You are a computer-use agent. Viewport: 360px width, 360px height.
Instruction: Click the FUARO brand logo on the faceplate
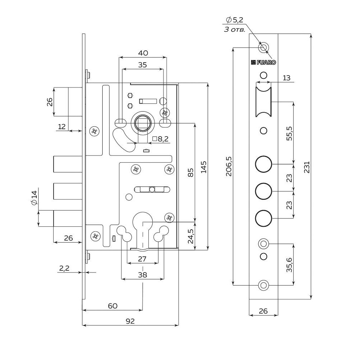[264, 62]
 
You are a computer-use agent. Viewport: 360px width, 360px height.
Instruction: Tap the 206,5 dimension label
[228, 166]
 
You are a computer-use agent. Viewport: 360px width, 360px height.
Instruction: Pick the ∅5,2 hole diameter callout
[234, 20]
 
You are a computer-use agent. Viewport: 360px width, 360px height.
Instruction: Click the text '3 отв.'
[234, 30]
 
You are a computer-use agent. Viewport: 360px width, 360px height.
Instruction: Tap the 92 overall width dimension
[130, 321]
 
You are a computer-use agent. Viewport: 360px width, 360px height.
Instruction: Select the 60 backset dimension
[112, 306]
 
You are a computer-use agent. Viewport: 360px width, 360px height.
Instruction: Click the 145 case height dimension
[203, 167]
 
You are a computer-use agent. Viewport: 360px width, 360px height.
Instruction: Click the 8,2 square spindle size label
[161, 139]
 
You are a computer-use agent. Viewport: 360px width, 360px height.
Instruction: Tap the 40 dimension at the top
[143, 53]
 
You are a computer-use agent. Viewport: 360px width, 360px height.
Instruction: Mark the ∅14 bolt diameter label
[34, 198]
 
